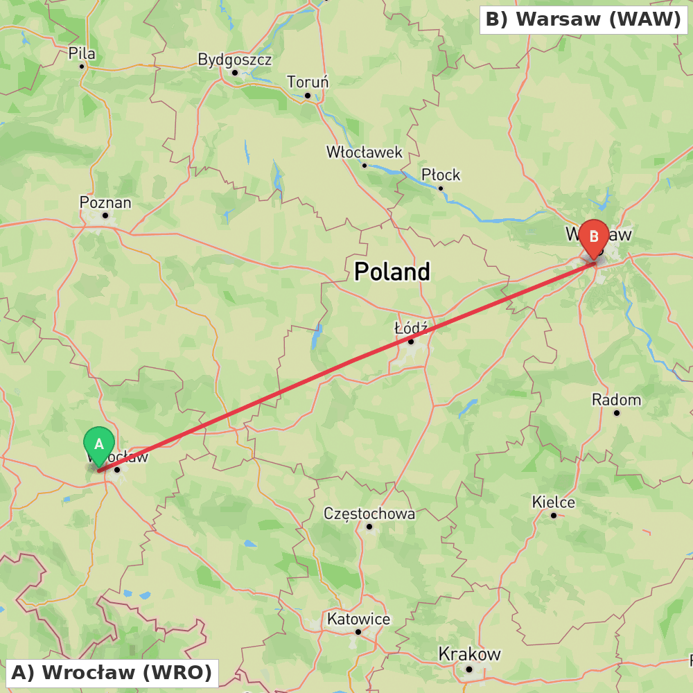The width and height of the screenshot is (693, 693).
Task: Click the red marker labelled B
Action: (x=594, y=237)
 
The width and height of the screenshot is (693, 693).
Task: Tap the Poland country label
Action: (x=392, y=272)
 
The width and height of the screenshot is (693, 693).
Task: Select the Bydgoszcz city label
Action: (x=235, y=60)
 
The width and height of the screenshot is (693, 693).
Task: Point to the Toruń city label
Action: (x=308, y=82)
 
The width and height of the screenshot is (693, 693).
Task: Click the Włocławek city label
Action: (x=365, y=152)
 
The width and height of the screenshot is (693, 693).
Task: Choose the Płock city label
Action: (x=441, y=175)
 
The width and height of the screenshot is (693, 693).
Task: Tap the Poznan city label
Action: (x=105, y=203)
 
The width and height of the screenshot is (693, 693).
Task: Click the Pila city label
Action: (x=82, y=54)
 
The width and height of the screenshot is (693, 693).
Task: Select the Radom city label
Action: (x=616, y=400)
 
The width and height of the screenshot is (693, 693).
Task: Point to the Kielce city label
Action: (x=553, y=502)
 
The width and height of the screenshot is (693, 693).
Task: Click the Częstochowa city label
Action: (x=369, y=514)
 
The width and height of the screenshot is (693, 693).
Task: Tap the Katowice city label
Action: (x=358, y=619)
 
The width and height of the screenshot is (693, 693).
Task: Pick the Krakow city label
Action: (x=469, y=654)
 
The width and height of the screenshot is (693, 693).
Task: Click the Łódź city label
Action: (x=411, y=327)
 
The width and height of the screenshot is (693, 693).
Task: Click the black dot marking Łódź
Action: (x=411, y=341)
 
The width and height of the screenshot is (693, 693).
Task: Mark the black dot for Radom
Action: (x=616, y=413)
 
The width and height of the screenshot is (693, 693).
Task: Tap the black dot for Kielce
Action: (x=553, y=515)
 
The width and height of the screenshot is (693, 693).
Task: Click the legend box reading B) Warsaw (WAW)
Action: (x=584, y=19)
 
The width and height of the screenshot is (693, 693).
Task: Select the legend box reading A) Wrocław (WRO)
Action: (x=112, y=672)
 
